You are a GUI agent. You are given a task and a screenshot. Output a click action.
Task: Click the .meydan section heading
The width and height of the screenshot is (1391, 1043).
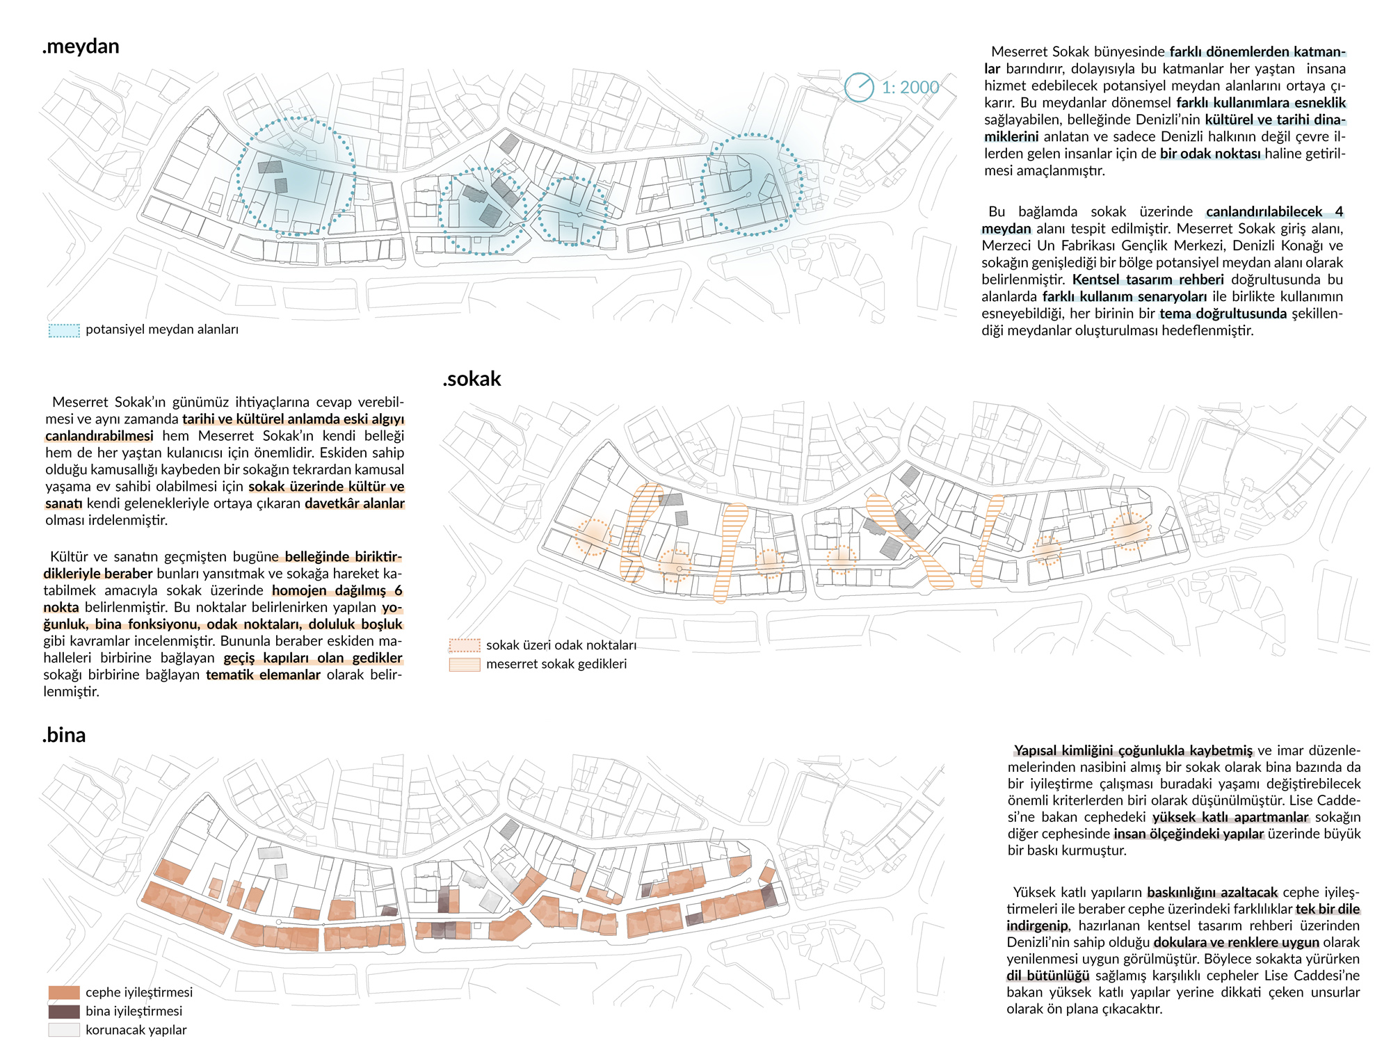(x=81, y=47)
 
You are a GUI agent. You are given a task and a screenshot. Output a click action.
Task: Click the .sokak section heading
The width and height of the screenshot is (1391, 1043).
(x=472, y=379)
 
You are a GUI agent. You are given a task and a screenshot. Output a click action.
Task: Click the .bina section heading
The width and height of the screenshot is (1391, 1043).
(x=64, y=735)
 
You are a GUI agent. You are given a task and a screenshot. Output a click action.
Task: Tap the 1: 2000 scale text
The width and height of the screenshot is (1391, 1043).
(x=910, y=88)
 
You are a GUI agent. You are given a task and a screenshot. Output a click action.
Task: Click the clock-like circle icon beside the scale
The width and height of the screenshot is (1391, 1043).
(x=859, y=88)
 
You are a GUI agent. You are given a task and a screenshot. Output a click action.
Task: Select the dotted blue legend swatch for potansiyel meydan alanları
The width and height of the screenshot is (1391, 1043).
(x=64, y=330)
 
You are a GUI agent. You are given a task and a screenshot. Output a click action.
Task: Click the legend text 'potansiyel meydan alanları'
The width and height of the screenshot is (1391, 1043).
(x=162, y=330)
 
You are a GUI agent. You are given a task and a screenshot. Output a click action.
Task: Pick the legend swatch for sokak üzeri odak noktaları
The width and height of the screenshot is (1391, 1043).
(x=464, y=645)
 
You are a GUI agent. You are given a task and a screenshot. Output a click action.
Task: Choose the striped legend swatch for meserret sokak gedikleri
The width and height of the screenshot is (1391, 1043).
(x=464, y=664)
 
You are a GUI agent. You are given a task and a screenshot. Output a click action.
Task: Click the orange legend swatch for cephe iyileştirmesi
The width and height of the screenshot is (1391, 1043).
(x=64, y=992)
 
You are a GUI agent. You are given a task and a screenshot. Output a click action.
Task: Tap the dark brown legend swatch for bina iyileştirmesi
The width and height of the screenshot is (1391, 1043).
(x=64, y=1011)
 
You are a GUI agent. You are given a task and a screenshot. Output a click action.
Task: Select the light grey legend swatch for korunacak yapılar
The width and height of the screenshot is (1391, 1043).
(x=64, y=1030)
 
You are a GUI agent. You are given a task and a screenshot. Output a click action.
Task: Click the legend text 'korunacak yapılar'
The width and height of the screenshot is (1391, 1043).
(x=136, y=1030)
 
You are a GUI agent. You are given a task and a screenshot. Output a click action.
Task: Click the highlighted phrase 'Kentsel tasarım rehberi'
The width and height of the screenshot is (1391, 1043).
(x=1148, y=280)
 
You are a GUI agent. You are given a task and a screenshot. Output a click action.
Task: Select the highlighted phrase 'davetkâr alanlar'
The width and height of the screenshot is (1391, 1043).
(x=355, y=503)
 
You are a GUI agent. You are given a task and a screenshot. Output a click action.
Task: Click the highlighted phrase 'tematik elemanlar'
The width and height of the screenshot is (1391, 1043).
(x=263, y=675)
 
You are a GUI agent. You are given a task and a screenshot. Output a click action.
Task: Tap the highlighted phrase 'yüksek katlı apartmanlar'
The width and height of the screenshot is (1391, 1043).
(x=1230, y=817)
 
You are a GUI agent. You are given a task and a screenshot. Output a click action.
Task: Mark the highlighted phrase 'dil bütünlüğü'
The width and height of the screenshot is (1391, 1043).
(x=1047, y=976)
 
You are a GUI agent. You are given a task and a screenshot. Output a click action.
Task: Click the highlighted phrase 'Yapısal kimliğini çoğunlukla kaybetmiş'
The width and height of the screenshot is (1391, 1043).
(x=1133, y=750)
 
